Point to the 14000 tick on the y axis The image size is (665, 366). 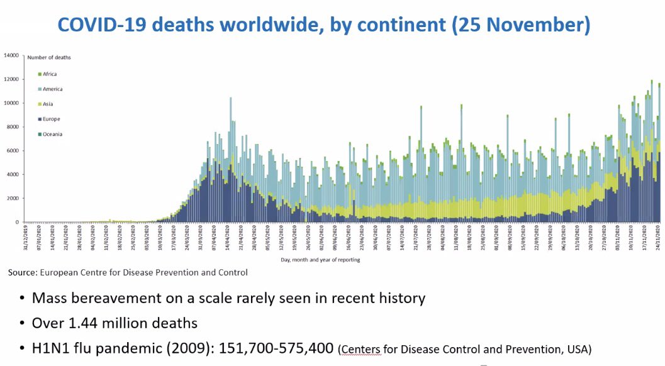[x=13, y=55]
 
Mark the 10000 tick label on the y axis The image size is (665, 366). [x=13, y=103]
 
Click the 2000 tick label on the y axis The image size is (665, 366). [x=14, y=199]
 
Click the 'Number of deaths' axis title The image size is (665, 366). [x=49, y=57]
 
